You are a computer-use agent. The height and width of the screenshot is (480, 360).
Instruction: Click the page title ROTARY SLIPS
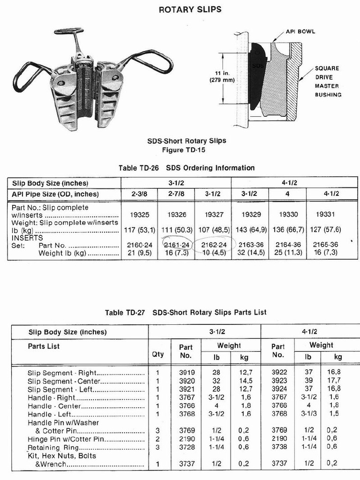click(190, 9)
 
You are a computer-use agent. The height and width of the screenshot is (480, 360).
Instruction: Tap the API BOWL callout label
click(300, 32)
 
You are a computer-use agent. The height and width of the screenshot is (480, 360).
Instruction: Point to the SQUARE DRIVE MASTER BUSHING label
click(328, 82)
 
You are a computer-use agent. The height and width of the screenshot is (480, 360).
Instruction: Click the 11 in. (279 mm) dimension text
click(222, 76)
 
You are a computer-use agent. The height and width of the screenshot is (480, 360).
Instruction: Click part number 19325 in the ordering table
click(140, 215)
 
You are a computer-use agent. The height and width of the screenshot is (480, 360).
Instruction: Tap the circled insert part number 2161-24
click(177, 245)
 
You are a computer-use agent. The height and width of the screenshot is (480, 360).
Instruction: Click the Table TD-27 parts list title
click(186, 313)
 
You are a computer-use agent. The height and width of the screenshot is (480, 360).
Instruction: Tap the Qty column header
click(158, 354)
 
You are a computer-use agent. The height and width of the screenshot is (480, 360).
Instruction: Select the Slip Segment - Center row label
click(64, 381)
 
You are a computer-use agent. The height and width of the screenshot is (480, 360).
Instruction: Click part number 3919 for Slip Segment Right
click(186, 373)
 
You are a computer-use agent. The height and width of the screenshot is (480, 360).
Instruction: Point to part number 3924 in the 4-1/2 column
click(278, 389)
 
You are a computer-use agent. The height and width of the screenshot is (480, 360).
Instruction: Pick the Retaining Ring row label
click(50, 448)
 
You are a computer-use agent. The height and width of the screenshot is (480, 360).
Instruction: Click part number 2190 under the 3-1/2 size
click(186, 439)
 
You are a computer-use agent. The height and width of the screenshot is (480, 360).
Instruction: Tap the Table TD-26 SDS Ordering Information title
click(187, 168)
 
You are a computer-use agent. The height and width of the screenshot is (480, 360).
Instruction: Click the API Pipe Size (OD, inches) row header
click(55, 194)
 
